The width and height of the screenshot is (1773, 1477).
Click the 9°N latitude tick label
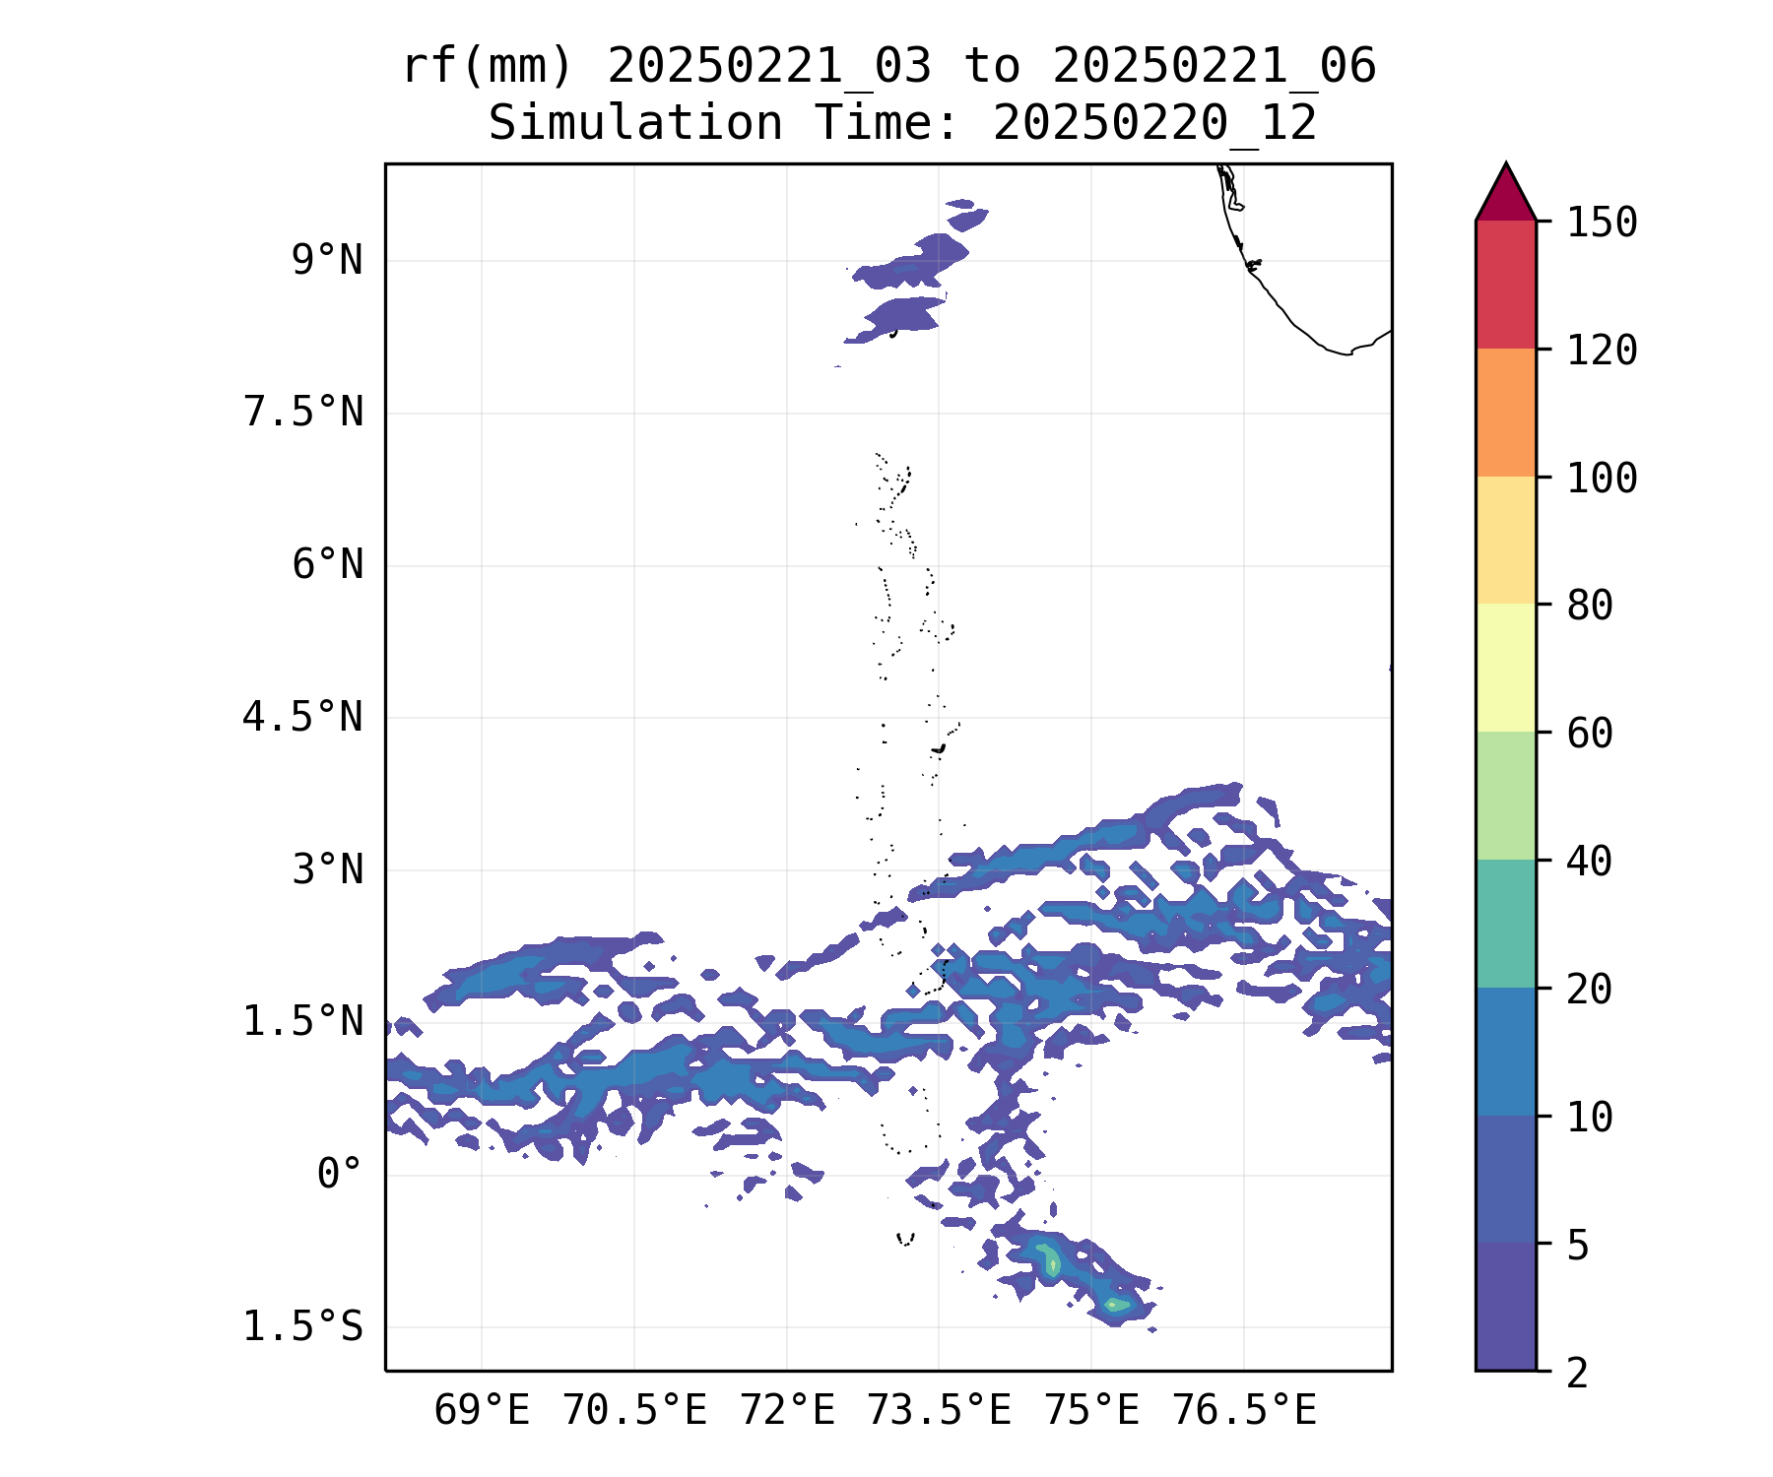(327, 261)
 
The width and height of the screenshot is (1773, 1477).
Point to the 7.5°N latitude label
(303, 413)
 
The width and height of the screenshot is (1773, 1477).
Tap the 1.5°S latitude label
(303, 1327)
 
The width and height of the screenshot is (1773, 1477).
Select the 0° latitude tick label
(340, 1175)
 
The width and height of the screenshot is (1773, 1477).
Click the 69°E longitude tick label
(482, 1411)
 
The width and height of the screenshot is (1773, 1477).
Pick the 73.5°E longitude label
(939, 1411)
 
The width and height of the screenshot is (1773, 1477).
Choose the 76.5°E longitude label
(1244, 1411)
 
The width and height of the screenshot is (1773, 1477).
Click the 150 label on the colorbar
(1602, 223)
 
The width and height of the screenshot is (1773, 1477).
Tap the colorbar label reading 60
(1590, 734)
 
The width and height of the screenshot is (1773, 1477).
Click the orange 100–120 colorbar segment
(1505, 413)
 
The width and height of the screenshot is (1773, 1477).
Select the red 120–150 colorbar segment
(1505, 285)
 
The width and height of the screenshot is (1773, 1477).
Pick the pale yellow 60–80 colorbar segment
(1505, 668)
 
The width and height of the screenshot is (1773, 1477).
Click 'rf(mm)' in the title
(488, 67)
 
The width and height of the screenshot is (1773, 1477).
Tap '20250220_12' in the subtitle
(1154, 124)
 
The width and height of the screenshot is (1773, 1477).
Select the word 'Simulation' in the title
(635, 124)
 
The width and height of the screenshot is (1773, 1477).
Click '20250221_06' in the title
(1214, 67)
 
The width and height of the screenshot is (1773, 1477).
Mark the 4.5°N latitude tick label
(303, 718)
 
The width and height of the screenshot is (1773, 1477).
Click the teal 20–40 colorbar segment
(1505, 924)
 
